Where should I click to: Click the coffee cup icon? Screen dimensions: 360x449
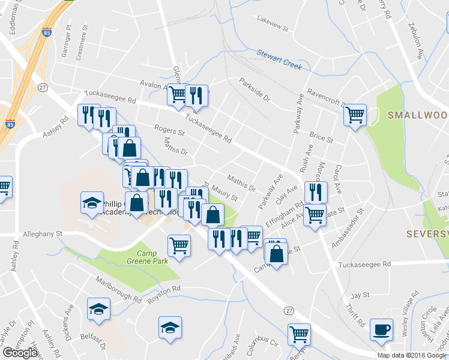[382, 330]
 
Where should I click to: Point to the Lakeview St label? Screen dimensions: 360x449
[273, 28]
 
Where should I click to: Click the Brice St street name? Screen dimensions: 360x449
[321, 137]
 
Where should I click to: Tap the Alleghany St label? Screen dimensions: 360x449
[43, 233]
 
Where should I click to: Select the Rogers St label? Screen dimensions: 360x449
[169, 130]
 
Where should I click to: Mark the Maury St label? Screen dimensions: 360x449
[226, 194]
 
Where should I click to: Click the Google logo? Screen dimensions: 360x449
[20, 352]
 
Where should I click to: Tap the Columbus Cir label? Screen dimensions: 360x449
[265, 344]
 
